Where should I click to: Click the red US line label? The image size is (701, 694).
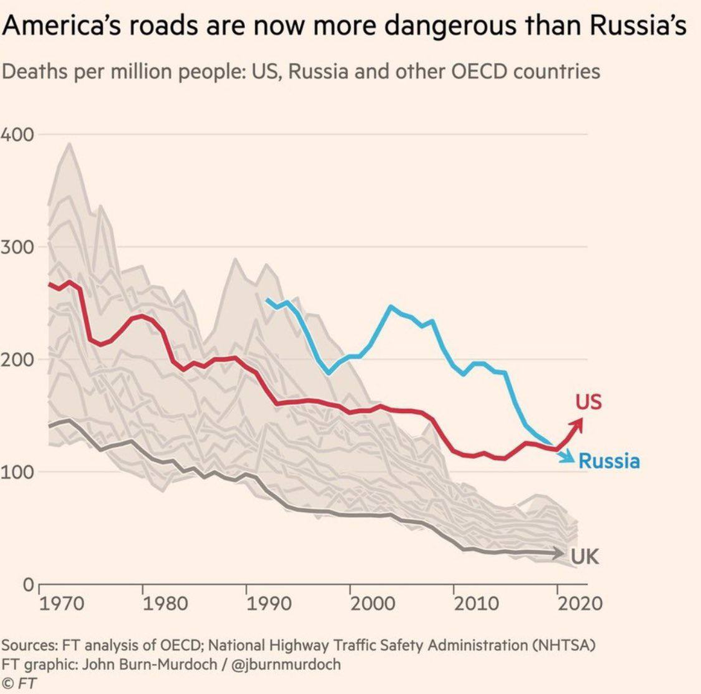[x=588, y=402]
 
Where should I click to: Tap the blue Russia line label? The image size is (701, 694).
[x=609, y=461]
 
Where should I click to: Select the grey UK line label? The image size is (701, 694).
[x=585, y=556]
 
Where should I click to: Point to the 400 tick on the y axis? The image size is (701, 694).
[x=17, y=135]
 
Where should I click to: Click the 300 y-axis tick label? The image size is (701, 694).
[x=17, y=247]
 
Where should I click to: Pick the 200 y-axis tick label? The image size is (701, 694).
[x=17, y=360]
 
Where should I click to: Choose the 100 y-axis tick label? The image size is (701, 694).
[x=17, y=472]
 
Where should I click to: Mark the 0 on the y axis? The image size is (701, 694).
[x=28, y=585]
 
